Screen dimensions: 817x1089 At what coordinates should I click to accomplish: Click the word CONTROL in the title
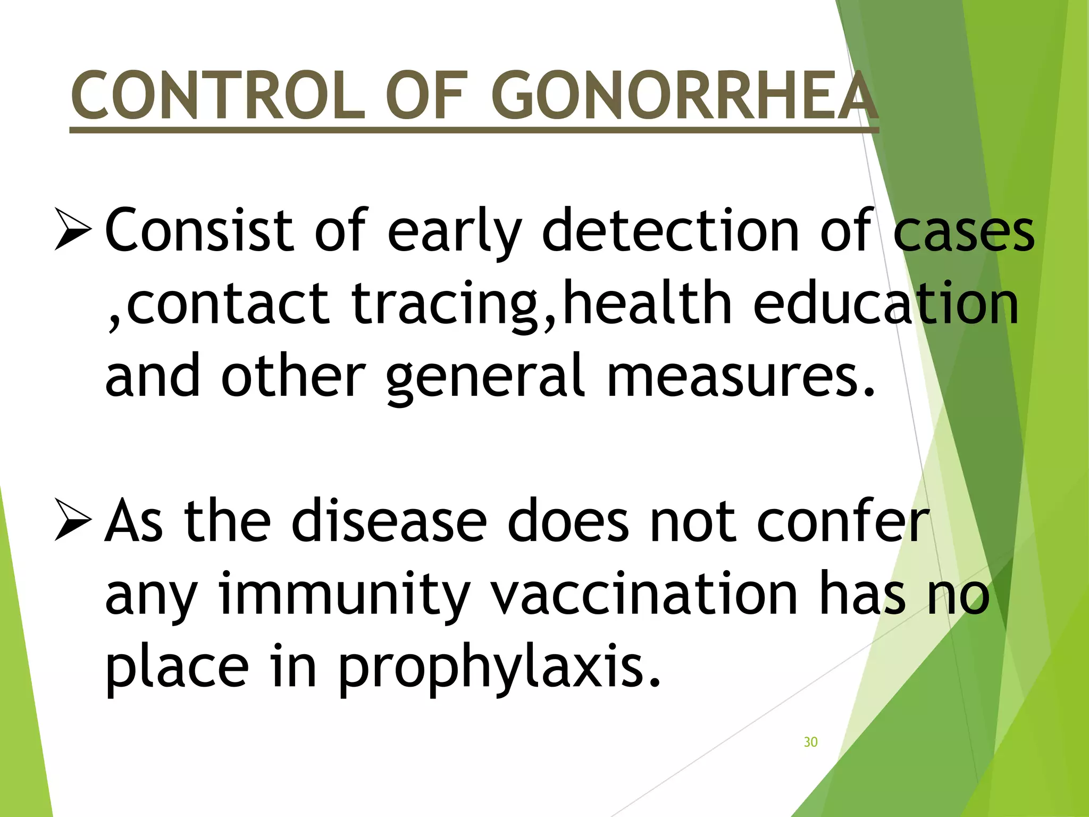point(219,96)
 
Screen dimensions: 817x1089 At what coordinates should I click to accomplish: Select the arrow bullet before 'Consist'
point(73,230)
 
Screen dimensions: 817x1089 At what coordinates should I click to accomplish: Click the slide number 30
point(810,742)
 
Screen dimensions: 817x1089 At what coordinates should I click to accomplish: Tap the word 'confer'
point(843,521)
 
